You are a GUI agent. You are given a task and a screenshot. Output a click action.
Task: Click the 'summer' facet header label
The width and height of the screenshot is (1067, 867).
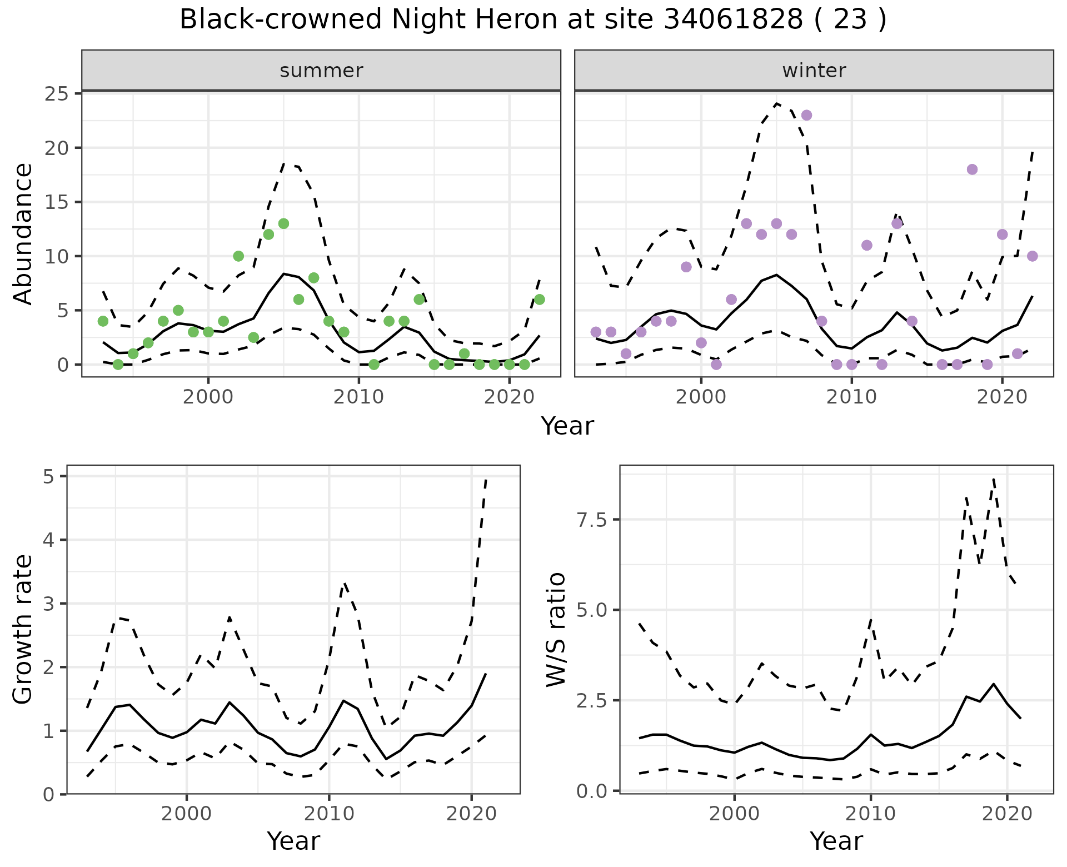coord(321,71)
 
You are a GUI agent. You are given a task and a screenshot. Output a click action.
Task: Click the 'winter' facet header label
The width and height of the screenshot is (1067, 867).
coord(814,71)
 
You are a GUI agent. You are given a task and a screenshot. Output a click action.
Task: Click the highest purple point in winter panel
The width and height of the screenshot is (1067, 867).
coord(807,115)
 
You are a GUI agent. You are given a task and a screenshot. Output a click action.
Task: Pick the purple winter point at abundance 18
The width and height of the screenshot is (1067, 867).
coord(972,170)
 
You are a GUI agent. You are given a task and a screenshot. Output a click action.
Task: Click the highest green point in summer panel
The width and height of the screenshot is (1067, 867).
coord(283,223)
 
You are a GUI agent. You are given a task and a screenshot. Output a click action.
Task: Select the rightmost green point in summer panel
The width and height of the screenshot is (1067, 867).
coord(539,300)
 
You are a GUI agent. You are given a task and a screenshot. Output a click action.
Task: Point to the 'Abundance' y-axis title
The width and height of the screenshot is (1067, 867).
coord(23,234)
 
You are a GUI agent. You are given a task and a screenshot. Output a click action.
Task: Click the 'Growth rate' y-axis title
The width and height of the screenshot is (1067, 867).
coord(23,630)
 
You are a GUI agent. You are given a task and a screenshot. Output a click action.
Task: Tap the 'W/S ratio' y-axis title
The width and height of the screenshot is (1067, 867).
coord(556,630)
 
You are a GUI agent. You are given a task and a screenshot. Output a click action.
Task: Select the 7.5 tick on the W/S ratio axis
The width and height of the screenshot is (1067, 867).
coord(592,520)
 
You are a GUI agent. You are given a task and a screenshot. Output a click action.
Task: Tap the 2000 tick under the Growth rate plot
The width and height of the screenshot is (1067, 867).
coord(187,815)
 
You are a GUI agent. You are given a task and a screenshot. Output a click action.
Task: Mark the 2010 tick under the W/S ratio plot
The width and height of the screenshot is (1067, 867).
coord(870,815)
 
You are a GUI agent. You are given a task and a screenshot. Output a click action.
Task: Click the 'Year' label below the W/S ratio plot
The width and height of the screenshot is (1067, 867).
coord(836,841)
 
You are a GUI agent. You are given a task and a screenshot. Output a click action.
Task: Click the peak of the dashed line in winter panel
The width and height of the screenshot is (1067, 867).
coord(777,103)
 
